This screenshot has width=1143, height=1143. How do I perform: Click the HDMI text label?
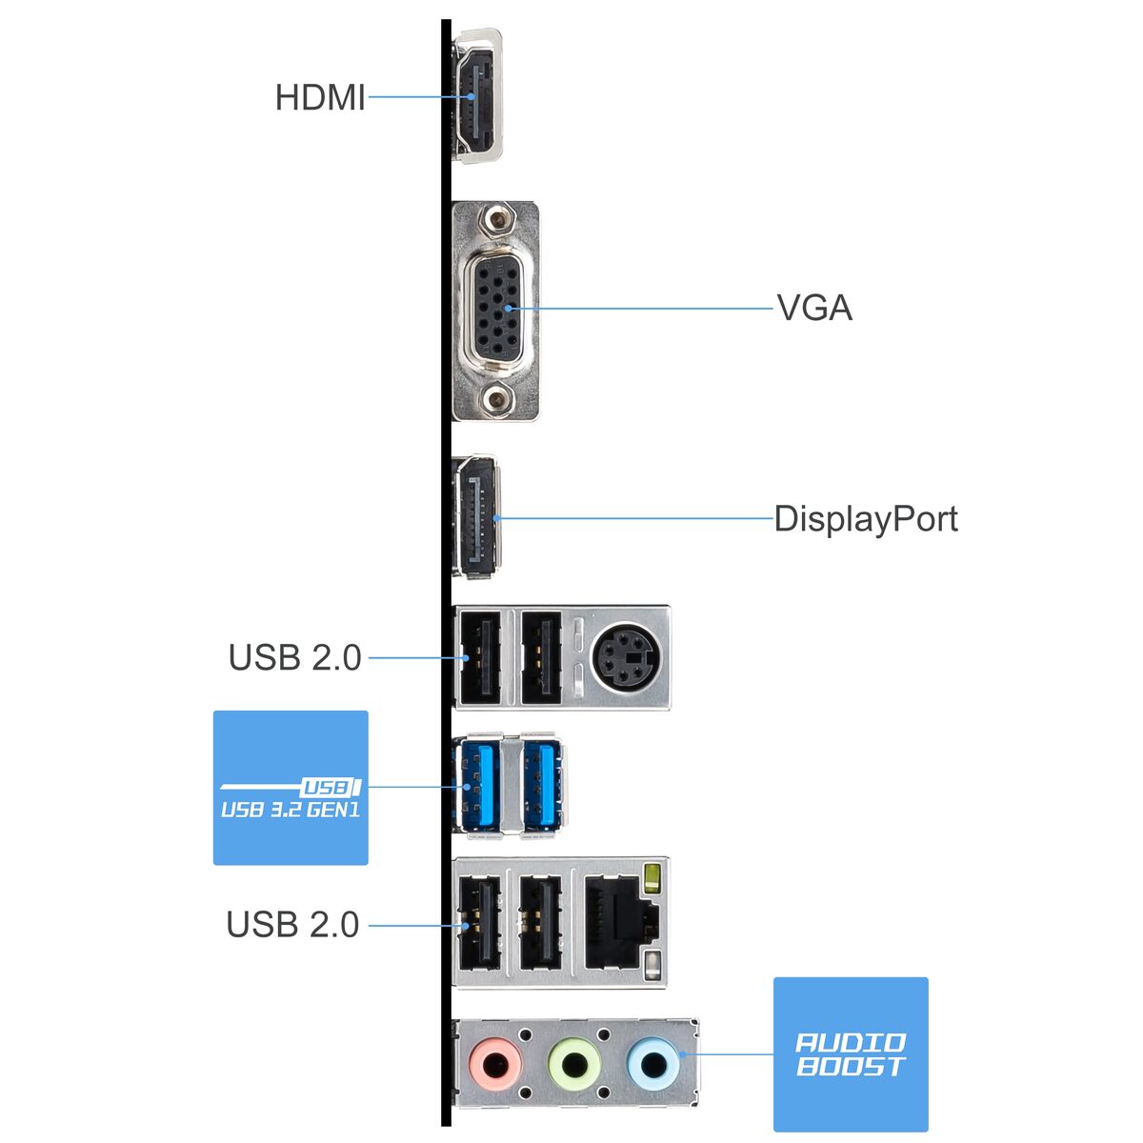coord(320,97)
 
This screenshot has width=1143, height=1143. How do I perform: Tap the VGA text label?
coord(814,309)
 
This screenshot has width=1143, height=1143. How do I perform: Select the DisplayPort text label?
coord(865,519)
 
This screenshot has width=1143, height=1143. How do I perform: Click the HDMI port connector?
coord(475,96)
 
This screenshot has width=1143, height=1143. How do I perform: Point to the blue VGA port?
coord(495,310)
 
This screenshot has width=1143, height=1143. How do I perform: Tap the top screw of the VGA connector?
coord(494,223)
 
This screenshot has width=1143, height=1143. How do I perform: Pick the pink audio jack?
coord(496,1062)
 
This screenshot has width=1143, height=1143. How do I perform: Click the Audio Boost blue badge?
coord(850,1054)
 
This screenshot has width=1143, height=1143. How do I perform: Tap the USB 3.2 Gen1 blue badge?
coord(291,788)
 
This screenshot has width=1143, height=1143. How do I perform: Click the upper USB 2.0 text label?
coord(294,657)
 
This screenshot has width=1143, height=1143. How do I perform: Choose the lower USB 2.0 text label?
coord(292,924)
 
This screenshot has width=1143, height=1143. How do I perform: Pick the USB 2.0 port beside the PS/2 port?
coord(543,657)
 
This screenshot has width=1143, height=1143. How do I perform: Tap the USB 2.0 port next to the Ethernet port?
coord(540,922)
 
